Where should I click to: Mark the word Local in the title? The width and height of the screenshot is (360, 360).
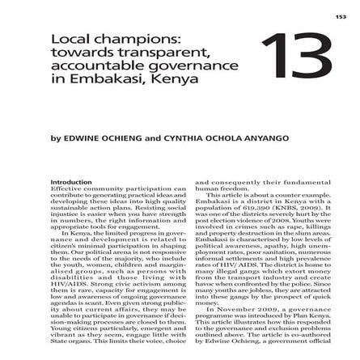pos(67,39)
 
